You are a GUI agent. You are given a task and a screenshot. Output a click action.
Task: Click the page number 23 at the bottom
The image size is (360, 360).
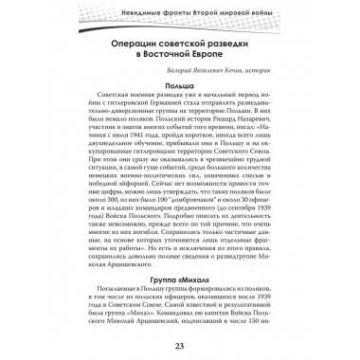[x=179, y=344]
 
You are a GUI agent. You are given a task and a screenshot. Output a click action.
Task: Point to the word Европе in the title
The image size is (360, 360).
[x=217, y=60]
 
